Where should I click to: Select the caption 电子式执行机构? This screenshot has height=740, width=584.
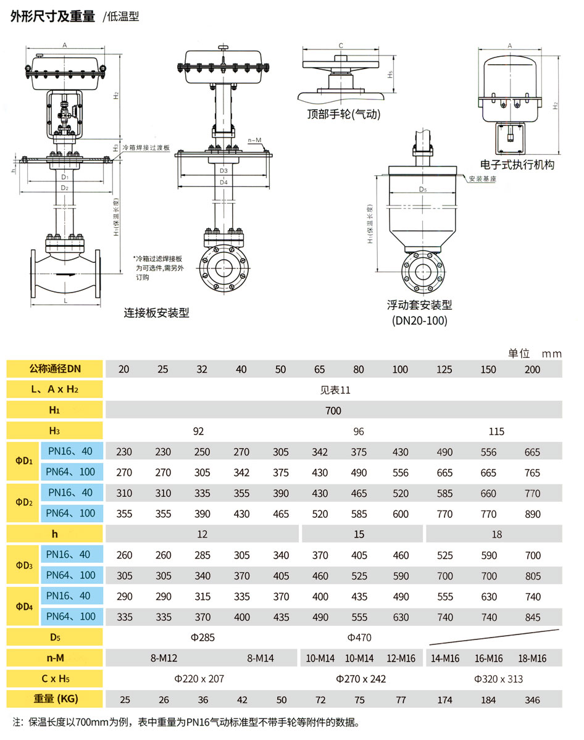[517, 165]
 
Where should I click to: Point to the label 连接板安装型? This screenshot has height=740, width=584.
[156, 313]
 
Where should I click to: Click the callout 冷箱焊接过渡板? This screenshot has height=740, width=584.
[146, 149]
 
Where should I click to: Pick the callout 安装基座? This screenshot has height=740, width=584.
[483, 178]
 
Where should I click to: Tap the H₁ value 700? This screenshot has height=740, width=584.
[334, 410]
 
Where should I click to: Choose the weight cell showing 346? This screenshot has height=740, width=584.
[532, 700]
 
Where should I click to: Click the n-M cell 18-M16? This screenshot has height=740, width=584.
[532, 659]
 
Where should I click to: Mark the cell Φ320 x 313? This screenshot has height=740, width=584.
[498, 679]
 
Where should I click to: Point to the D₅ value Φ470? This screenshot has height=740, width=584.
[359, 638]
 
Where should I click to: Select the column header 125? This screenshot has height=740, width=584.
[444, 370]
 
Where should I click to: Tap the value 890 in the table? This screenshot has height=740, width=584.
[532, 514]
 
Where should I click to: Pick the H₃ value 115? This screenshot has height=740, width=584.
[496, 431]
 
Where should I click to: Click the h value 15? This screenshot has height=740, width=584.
[359, 534]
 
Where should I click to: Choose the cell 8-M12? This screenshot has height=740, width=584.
[164, 659]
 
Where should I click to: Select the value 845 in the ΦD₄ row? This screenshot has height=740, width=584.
[532, 617]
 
